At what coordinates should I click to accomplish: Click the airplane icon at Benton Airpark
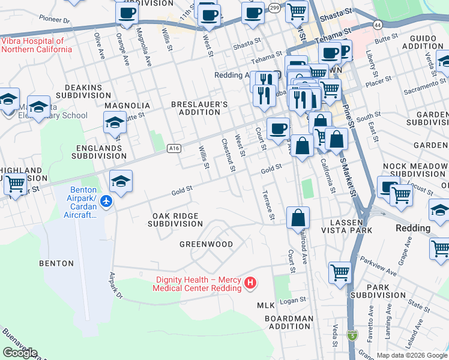pyautogui.click(x=106, y=200)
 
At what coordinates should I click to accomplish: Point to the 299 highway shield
pyautogui.click(x=274, y=8)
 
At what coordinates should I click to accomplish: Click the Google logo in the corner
pyautogui.click(x=19, y=353)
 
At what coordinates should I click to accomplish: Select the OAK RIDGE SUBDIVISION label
pyautogui.click(x=176, y=220)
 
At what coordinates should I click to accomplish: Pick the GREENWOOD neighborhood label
pyautogui.click(x=206, y=244)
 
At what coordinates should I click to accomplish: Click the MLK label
pyautogui.click(x=265, y=305)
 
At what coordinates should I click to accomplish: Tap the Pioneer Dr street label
pyautogui.click(x=55, y=19)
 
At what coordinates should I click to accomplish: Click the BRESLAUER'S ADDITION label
pyautogui.click(x=199, y=108)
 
